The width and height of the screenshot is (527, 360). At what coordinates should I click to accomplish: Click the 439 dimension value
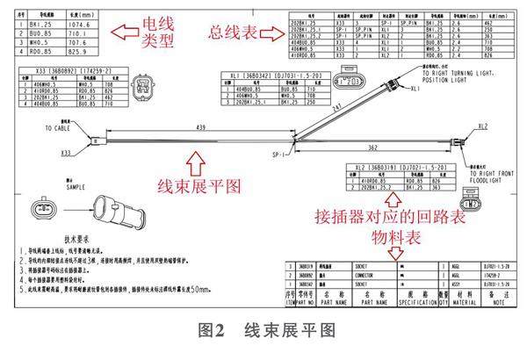point(201,128)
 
